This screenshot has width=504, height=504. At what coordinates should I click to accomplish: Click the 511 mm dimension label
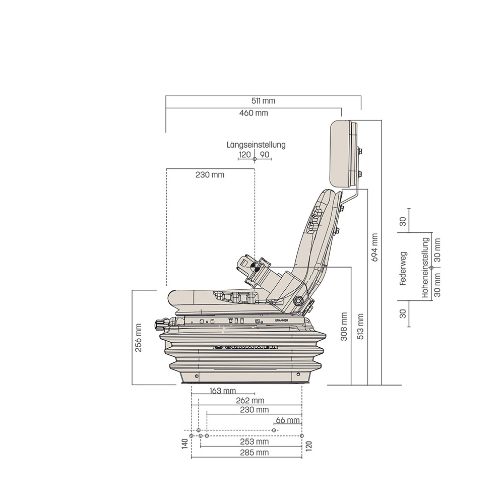coord(263,101)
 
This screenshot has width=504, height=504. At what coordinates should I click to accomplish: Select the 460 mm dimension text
coord(254,113)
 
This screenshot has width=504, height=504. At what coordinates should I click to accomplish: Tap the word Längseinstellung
coord(256,145)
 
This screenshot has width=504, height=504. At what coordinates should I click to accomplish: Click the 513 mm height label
coord(360,327)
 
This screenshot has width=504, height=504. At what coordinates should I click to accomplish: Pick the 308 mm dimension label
coord(344,327)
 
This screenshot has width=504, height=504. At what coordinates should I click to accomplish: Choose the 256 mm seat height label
coord(138,338)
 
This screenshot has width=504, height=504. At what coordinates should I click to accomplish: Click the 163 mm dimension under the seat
coord(223,391)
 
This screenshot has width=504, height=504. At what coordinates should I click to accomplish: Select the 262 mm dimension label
coord(250,401)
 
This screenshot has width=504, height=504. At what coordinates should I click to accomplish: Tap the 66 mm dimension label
coord(288,420)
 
